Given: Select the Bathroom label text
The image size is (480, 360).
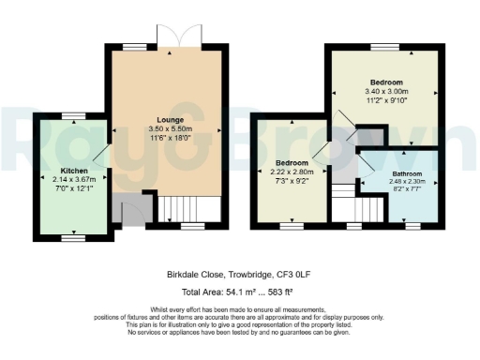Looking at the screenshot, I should coord(407,174).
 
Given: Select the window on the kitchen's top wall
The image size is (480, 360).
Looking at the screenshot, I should coord(74,113).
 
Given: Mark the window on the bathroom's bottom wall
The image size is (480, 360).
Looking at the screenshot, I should coord(411,225).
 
